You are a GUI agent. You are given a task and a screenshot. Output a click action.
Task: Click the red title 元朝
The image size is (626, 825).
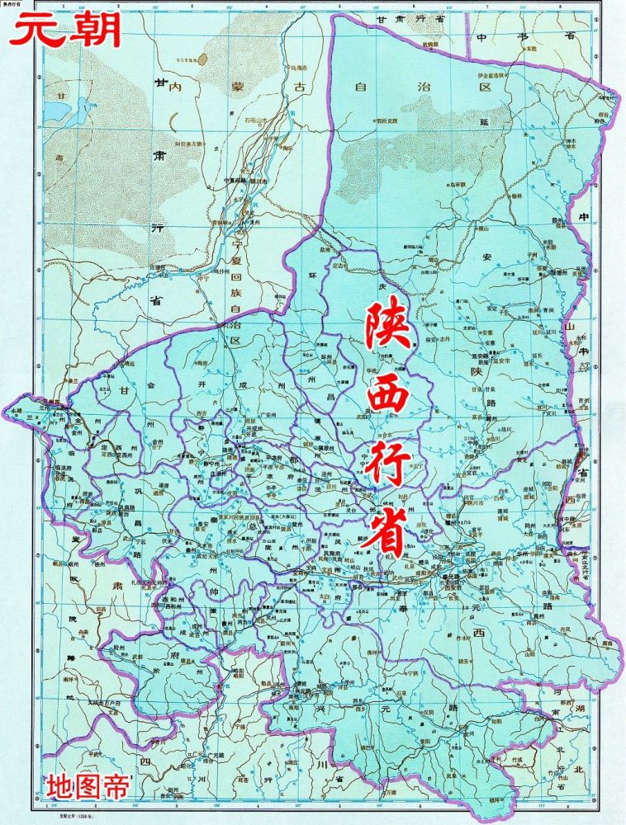click(64, 31)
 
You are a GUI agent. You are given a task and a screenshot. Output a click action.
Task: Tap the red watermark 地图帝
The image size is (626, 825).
click(88, 784)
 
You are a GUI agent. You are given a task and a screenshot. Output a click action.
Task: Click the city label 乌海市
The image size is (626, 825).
click(296, 68)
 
